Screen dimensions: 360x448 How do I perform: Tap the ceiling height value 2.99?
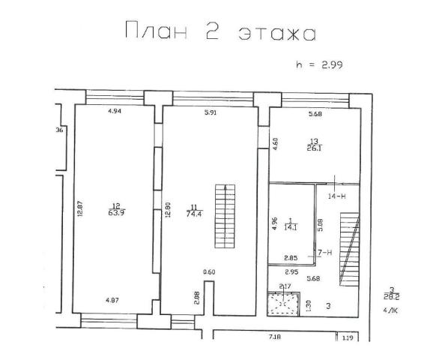coord(331,66)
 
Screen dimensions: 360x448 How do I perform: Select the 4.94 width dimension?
coord(114,112)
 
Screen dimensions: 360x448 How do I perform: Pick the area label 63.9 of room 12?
coord(116,213)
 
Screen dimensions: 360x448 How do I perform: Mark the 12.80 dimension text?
coord(169,206)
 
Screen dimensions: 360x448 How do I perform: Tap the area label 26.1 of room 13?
coord(315,146)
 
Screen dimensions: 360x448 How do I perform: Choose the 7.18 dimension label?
coord(275,339)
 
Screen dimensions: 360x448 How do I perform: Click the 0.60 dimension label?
coord(210,271)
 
